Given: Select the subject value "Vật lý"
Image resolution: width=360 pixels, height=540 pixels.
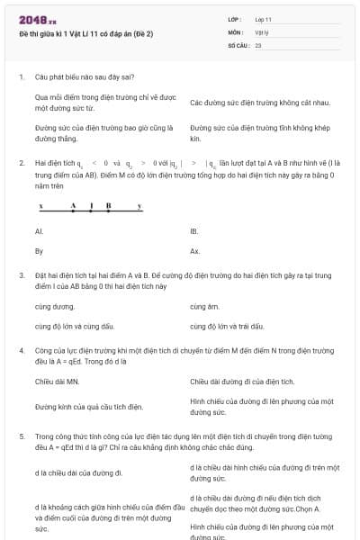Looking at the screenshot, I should pyautogui.click(x=261, y=31).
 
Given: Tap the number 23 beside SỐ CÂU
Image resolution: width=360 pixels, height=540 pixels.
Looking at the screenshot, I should pyautogui.click(x=258, y=44).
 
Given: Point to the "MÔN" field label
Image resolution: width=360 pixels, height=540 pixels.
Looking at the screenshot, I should pyautogui.click(x=235, y=31).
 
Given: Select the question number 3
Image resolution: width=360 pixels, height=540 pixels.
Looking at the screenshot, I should pyautogui.click(x=21, y=273).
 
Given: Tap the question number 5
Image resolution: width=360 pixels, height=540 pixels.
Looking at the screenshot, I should pyautogui.click(x=21, y=436).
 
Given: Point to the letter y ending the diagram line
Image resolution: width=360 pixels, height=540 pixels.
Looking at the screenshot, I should pyautogui.click(x=139, y=205).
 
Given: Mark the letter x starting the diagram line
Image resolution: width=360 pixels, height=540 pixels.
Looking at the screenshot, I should pyautogui.click(x=40, y=205).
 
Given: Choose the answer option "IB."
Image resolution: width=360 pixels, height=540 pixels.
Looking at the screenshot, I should pyautogui.click(x=194, y=231).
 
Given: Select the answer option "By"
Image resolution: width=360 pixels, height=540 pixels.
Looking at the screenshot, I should pyautogui.click(x=39, y=251).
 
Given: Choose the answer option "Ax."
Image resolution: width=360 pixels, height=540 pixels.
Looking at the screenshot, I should pyautogui.click(x=195, y=251).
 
